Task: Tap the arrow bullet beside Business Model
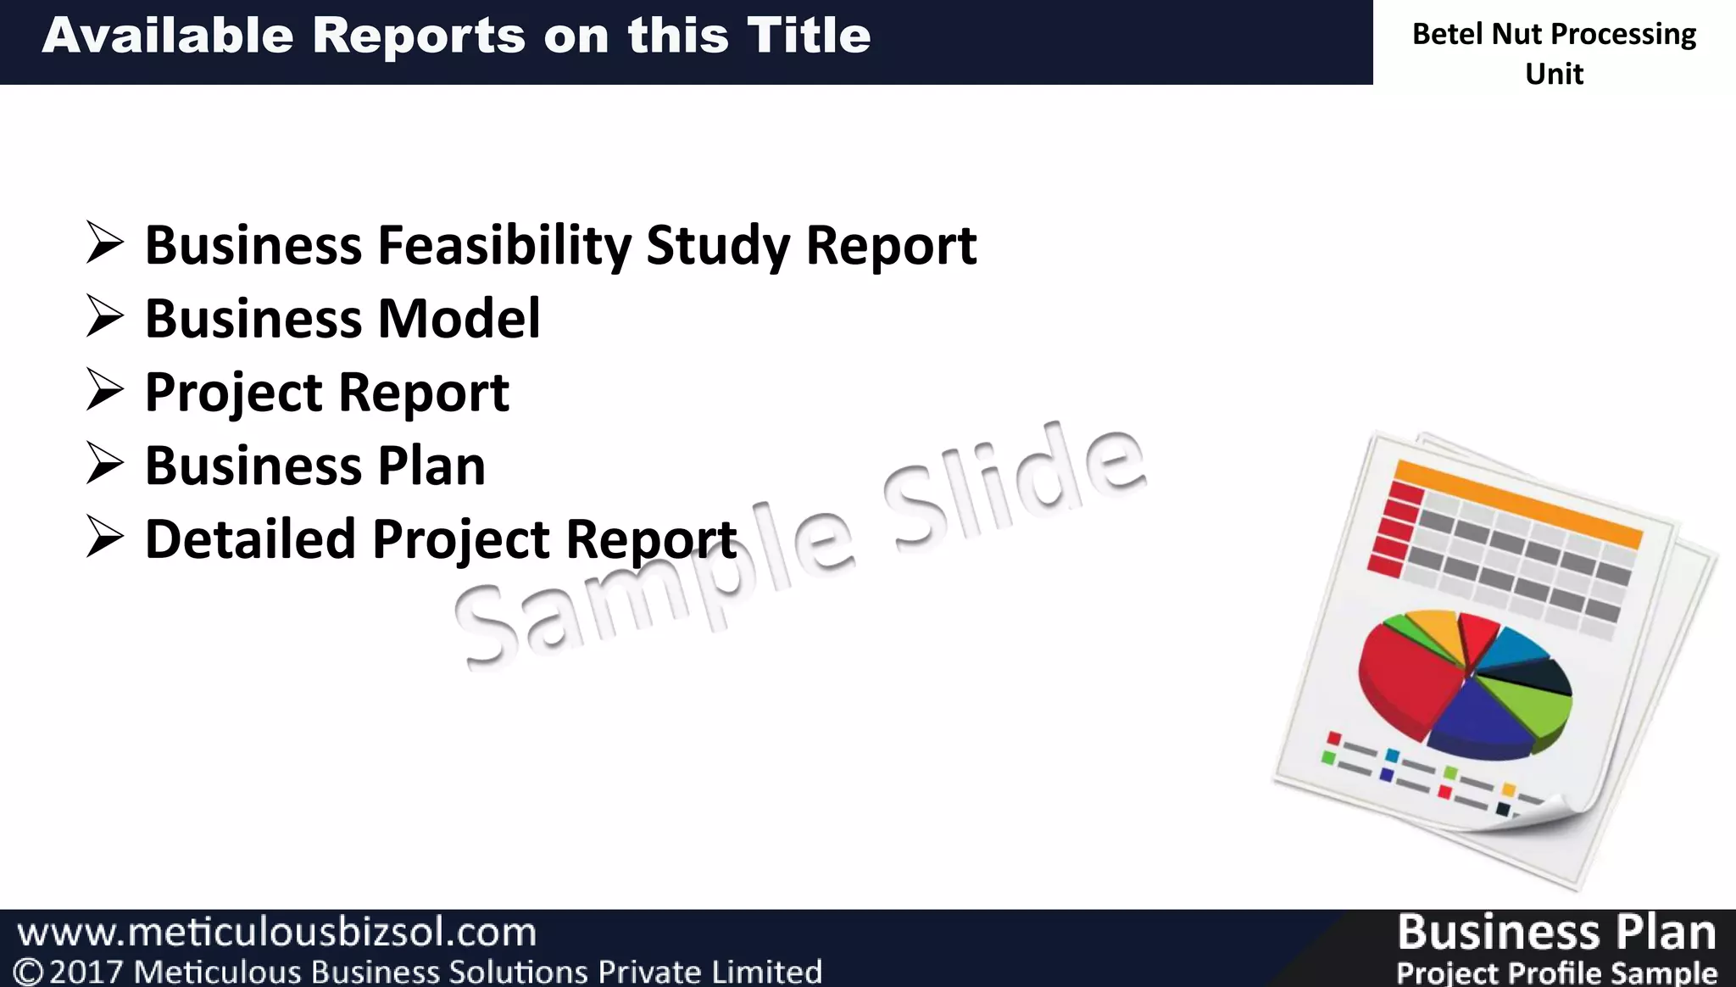tap(105, 318)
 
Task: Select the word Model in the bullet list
tap(459, 319)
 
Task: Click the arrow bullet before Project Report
tap(105, 392)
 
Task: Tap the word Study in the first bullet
tap(717, 246)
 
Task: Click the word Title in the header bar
tap(809, 36)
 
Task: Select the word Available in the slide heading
tap(169, 36)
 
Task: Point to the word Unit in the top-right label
tap(1554, 75)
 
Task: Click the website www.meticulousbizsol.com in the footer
tap(277, 933)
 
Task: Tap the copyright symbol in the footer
tap(29, 972)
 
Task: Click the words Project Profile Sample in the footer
tap(1556, 973)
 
